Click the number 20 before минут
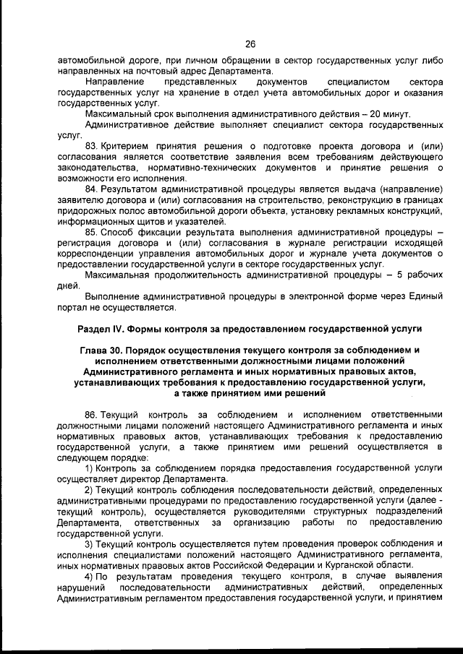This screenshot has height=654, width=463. [x=376, y=115]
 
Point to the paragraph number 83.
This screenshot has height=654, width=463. [x=91, y=147]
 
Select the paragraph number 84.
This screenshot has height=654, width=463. [x=91, y=189]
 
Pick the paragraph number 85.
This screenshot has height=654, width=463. [x=91, y=232]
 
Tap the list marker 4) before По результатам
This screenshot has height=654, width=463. [x=90, y=575]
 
